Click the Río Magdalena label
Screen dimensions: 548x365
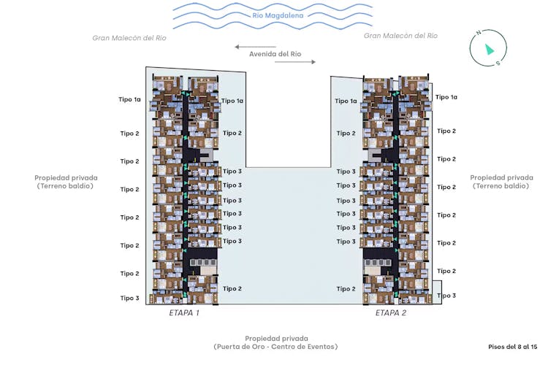(x=278, y=15)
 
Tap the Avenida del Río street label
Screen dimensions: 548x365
(x=275, y=54)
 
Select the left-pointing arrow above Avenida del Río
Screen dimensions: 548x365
(x=256, y=47)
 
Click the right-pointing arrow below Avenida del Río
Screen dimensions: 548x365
(x=295, y=62)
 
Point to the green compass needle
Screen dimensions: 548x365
(x=490, y=49)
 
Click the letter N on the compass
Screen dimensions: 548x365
(x=479, y=32)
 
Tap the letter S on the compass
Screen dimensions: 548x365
(x=498, y=64)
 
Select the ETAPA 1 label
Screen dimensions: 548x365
(x=184, y=312)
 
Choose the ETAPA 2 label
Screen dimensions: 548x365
(x=391, y=312)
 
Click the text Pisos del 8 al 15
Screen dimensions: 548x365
(x=513, y=347)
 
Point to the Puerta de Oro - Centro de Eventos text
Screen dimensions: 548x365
(x=275, y=347)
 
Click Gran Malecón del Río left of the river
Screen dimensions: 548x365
(x=129, y=38)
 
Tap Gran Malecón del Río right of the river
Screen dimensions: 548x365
(x=400, y=36)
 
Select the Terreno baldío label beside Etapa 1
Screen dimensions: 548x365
(x=65, y=186)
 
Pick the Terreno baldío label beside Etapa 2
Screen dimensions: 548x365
(x=501, y=186)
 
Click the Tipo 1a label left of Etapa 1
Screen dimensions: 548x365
(x=129, y=99)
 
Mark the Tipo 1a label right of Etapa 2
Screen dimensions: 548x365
(x=446, y=97)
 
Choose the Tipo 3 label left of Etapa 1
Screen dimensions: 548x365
(x=129, y=298)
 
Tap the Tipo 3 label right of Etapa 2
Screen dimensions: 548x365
(x=446, y=296)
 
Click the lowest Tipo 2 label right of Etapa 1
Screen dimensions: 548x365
(x=232, y=288)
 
